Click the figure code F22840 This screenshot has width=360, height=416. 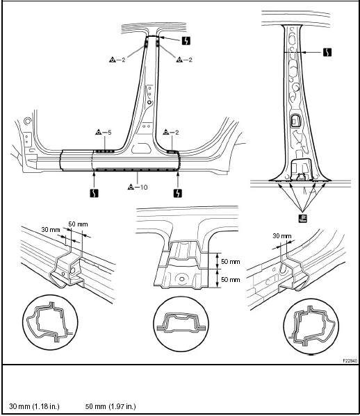click(350, 361)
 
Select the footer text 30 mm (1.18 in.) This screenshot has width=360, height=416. click(34, 406)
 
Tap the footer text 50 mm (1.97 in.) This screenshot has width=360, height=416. click(111, 406)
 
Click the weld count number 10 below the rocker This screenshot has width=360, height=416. click(144, 188)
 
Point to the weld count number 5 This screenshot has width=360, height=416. click(109, 132)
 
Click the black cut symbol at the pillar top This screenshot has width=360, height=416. click(186, 41)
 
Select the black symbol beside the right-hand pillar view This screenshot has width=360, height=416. click(327, 52)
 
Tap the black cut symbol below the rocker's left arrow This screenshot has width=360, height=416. click(94, 193)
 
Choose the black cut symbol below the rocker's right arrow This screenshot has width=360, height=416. click(178, 193)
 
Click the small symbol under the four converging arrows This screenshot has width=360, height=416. click(302, 219)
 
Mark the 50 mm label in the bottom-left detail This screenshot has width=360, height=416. click(78, 224)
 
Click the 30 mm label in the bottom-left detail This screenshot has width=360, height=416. click(51, 229)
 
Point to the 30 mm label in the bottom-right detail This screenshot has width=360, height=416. click(282, 236)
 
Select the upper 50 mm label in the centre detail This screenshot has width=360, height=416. click(231, 262)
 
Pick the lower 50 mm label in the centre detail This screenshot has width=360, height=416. click(231, 280)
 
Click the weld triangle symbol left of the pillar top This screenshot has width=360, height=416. click(113, 60)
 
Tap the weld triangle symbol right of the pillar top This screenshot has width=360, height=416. click(179, 60)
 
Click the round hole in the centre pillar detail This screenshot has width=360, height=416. click(182, 279)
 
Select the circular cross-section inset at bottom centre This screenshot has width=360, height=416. click(181, 324)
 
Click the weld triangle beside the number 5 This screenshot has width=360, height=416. click(99, 132)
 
